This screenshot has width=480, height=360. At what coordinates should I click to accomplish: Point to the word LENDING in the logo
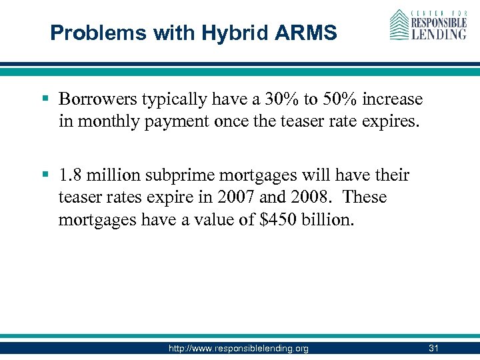pyautogui.click(x=438, y=33)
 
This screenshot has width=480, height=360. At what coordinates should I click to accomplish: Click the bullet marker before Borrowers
pyautogui.click(x=45, y=99)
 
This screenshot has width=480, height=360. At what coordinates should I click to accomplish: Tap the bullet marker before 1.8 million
pyautogui.click(x=45, y=175)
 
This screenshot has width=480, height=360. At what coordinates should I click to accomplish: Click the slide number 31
pyautogui.click(x=433, y=348)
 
